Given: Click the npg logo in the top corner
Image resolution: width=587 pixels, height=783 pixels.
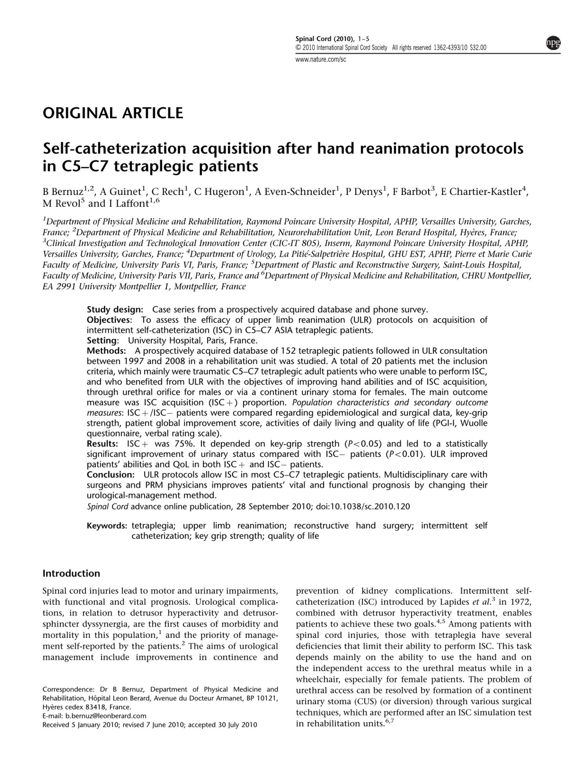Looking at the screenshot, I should click(x=553, y=43).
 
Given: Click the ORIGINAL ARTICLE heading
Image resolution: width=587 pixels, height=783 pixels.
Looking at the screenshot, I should click(x=113, y=113).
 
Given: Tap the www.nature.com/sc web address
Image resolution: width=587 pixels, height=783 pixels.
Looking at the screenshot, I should click(x=321, y=60).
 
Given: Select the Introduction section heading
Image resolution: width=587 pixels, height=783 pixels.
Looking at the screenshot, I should click(x=71, y=574).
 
